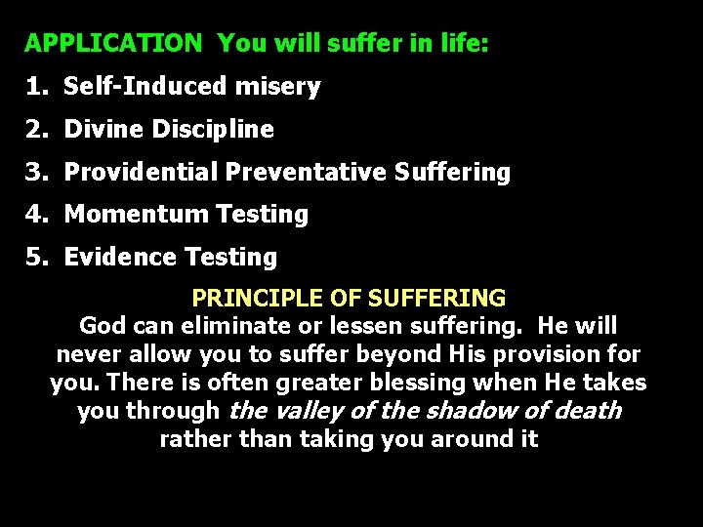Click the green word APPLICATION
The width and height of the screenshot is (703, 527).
[112, 44]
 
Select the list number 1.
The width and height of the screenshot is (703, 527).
[35, 87]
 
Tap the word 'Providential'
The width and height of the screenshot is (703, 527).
[141, 173]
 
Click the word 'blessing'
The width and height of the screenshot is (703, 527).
[438, 383]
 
